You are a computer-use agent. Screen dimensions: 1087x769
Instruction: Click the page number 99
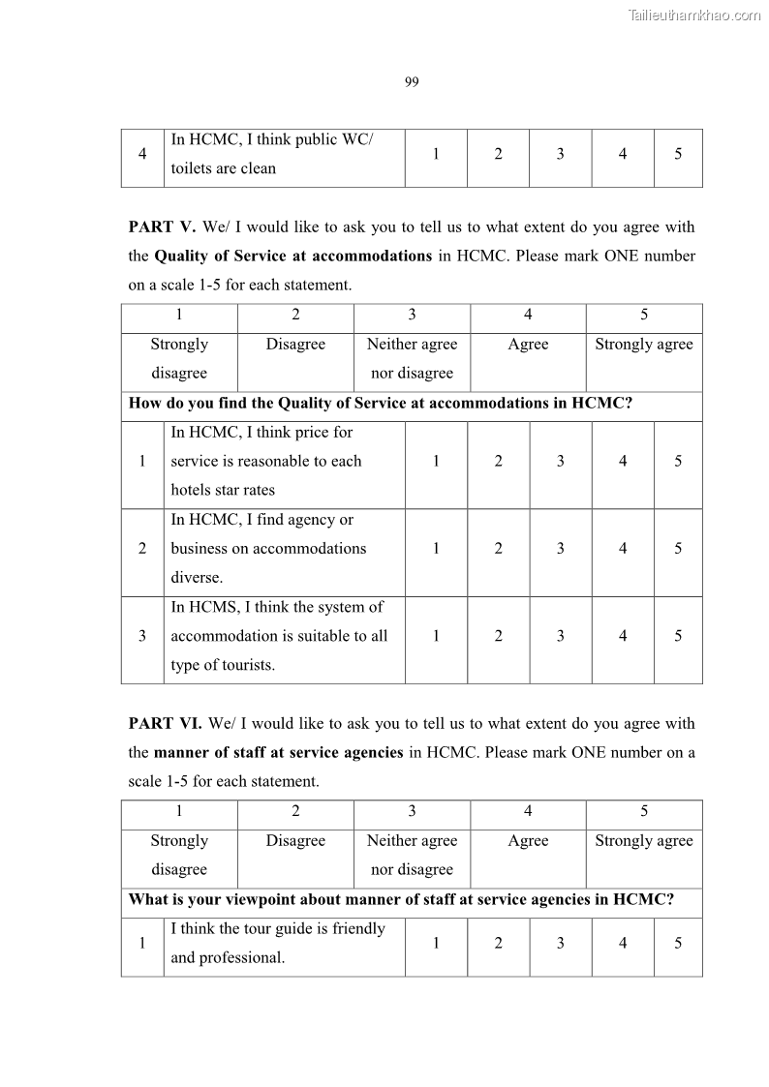tap(411, 82)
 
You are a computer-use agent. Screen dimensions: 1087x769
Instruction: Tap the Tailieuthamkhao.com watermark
tap(694, 15)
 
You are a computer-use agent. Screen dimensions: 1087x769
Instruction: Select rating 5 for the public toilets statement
tap(678, 154)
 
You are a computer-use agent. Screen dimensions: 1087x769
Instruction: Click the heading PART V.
tap(162, 227)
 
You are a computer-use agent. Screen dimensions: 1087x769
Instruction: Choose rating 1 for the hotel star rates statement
tap(436, 462)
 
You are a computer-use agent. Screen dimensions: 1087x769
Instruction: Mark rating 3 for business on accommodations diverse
tap(560, 549)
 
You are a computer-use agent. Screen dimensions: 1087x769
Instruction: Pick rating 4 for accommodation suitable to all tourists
tap(622, 636)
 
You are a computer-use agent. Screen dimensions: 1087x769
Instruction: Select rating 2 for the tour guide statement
tap(498, 943)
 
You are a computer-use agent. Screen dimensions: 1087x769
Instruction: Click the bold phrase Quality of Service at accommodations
tap(293, 257)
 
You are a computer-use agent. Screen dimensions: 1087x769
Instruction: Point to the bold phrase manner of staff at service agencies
tap(279, 752)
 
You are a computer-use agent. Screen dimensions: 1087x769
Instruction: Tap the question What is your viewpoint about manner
tap(401, 899)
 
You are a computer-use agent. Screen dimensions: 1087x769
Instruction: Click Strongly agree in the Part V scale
tap(643, 345)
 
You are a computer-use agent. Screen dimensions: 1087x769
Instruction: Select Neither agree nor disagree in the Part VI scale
tap(412, 855)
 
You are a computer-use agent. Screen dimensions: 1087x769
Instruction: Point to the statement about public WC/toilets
tap(271, 154)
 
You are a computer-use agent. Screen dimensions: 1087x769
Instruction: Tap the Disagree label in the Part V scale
tap(295, 345)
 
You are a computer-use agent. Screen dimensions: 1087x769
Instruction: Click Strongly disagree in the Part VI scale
tap(179, 855)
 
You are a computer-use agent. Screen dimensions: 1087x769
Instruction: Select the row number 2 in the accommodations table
tap(142, 549)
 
